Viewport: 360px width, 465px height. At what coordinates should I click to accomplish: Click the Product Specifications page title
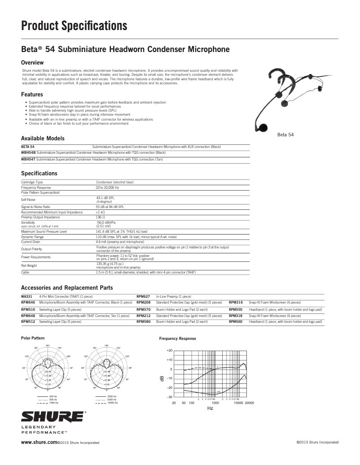(x=75, y=26)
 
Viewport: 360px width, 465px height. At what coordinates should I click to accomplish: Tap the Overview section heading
(x=32, y=62)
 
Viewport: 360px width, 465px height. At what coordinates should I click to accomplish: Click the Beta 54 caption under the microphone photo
(x=285, y=134)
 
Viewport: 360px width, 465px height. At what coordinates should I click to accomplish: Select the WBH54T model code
(x=28, y=159)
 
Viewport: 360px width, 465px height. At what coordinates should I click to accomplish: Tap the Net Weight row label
(x=29, y=265)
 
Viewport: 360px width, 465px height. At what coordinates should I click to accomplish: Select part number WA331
(x=26, y=296)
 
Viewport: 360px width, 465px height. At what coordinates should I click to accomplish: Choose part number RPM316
(x=236, y=303)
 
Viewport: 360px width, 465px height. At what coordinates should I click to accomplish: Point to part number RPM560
(x=236, y=322)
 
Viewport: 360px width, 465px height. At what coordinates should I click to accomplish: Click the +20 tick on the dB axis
(x=169, y=350)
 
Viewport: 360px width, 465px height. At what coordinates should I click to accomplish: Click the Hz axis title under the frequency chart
(x=210, y=409)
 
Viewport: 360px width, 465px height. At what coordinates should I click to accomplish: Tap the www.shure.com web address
(x=39, y=442)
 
